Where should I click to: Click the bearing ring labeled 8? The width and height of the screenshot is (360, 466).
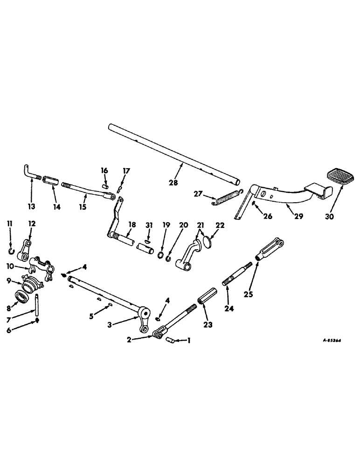(21, 296)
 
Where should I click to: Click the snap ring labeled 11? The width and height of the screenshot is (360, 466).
(11, 252)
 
